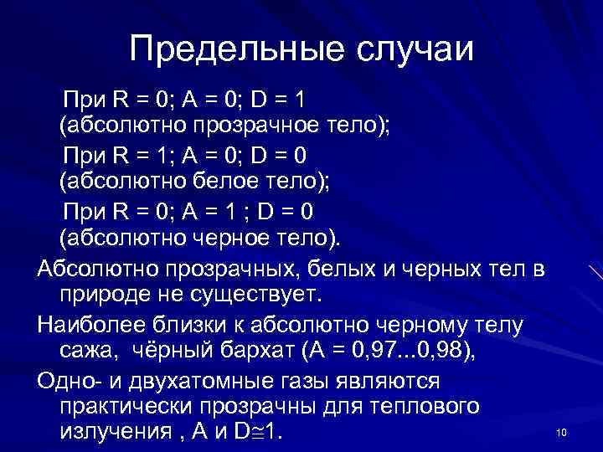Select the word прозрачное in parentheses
pyautogui.click(x=250, y=128)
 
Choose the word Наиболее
pyautogui.click(x=90, y=322)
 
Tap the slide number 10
pyautogui.click(x=561, y=432)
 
